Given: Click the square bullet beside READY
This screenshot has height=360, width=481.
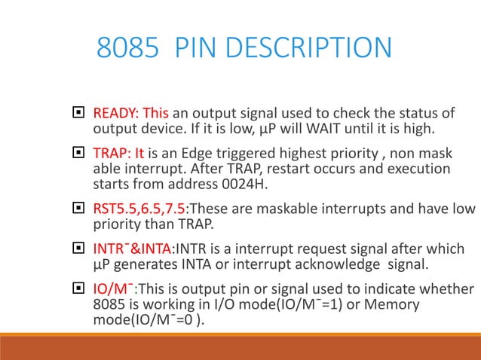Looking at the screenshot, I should coord(76,114).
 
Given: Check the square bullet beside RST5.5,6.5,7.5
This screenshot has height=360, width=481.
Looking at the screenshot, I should coord(76,208).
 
